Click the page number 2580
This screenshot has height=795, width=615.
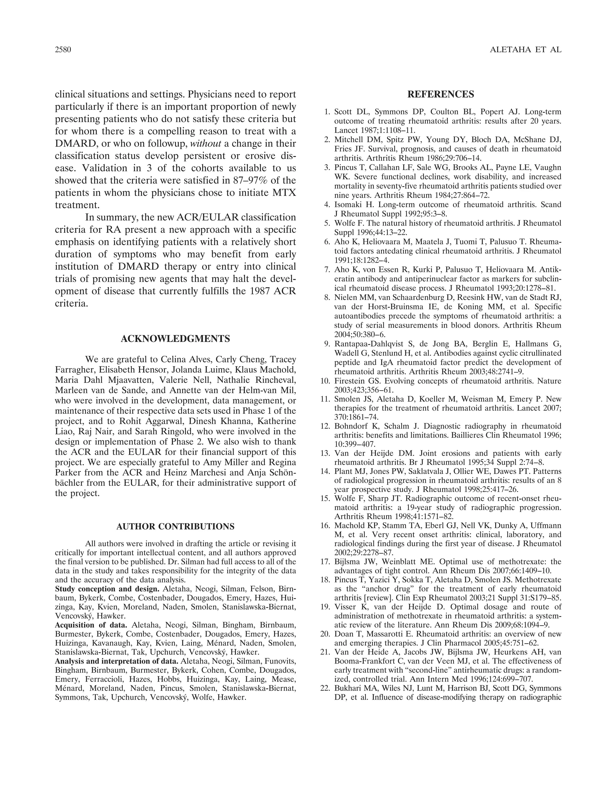[x=63, y=50]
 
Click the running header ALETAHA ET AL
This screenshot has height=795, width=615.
[x=526, y=50]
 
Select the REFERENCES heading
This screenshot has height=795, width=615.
[x=441, y=94]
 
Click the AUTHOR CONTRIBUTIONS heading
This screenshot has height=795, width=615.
[x=175, y=527]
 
